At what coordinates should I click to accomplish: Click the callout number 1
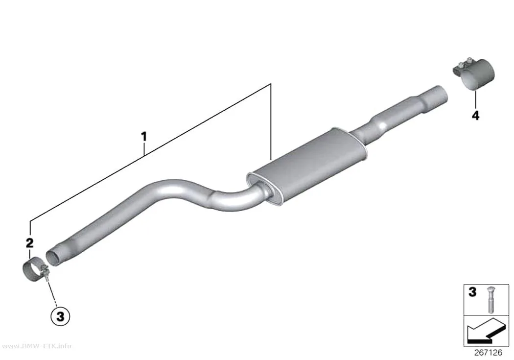[x=143, y=136]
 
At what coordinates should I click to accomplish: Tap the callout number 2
[x=29, y=243]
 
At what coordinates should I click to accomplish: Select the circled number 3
[x=60, y=317]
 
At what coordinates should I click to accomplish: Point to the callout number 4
[x=475, y=116]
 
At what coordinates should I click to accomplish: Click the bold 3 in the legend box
[x=472, y=292]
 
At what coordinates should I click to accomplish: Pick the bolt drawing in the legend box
[x=491, y=299]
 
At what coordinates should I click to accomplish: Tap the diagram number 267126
[x=488, y=353]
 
